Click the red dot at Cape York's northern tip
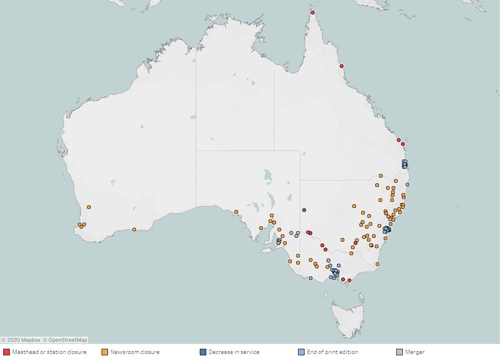(x=313, y=13)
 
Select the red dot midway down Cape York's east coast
(x=342, y=66)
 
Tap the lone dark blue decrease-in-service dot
(x=304, y=210)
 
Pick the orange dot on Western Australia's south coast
(x=134, y=230)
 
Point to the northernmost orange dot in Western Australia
(x=89, y=207)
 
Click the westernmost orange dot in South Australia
(x=236, y=212)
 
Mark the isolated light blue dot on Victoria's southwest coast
(x=311, y=278)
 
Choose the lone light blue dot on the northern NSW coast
(x=407, y=185)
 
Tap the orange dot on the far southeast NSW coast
(x=378, y=264)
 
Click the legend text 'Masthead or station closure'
(x=49, y=352)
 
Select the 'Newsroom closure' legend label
(x=135, y=352)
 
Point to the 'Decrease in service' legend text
(x=234, y=352)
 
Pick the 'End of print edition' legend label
(x=333, y=352)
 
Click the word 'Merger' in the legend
(x=415, y=352)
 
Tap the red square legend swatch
(x=7, y=352)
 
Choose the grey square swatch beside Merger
(x=400, y=352)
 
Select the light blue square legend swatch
(x=301, y=352)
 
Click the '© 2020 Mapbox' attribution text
(x=21, y=340)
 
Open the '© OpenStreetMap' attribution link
(x=65, y=340)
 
